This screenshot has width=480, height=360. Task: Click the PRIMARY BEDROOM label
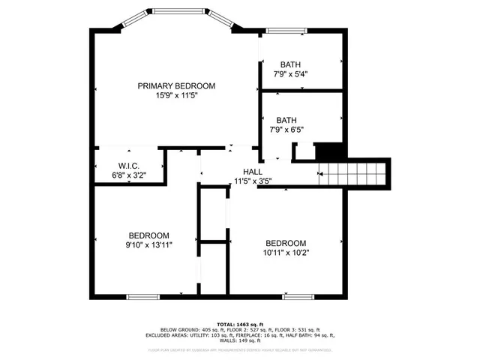point(176,85)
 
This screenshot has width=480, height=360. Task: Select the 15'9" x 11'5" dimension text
point(176,96)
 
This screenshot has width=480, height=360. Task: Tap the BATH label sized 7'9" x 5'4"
point(291,64)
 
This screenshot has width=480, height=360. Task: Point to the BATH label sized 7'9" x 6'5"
point(286,120)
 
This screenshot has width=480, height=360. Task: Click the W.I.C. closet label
point(128,166)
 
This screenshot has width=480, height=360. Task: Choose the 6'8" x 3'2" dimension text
point(128,175)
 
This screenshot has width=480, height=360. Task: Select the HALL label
point(252,171)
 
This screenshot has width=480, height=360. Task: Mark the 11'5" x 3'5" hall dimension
point(252,181)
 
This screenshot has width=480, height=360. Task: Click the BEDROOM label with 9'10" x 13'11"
point(148,235)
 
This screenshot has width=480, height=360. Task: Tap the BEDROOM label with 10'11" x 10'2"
point(286,243)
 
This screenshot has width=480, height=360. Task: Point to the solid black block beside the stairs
point(328,151)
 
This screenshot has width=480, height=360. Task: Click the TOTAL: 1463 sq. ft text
point(240,323)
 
